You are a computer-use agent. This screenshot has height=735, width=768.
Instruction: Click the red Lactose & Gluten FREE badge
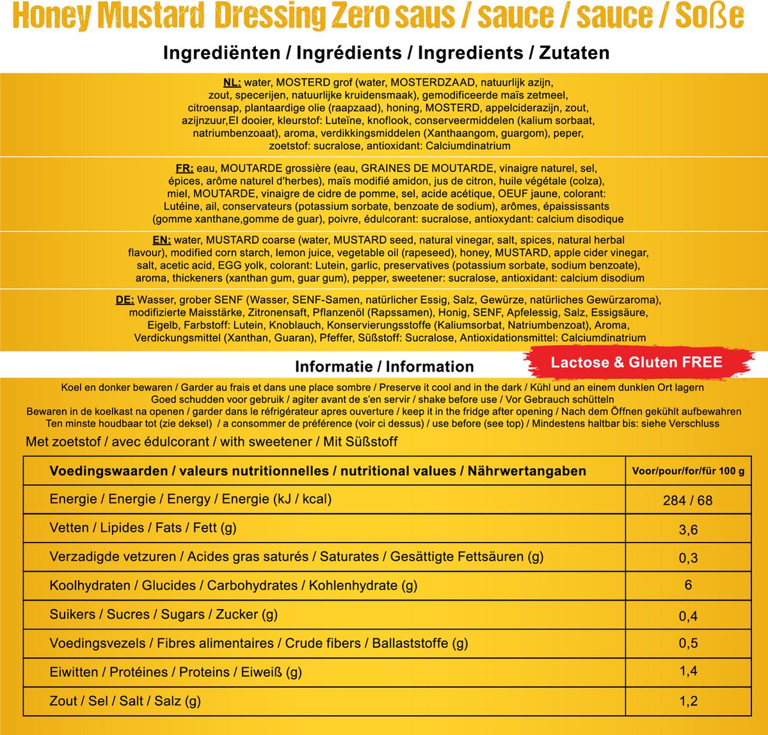(x=636, y=363)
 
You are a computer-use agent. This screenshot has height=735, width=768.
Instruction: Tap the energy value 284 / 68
(x=687, y=500)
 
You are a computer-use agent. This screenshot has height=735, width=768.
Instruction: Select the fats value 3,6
(x=688, y=530)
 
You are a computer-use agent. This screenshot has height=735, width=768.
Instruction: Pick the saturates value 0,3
(x=688, y=558)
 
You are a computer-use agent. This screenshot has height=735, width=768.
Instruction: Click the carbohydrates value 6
(x=688, y=585)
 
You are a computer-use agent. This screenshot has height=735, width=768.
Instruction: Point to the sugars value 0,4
(x=688, y=616)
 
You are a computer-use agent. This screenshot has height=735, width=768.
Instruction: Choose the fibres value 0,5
(x=688, y=644)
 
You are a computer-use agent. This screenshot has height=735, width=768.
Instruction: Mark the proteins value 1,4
(x=688, y=671)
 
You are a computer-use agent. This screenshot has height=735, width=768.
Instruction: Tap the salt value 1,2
(x=688, y=701)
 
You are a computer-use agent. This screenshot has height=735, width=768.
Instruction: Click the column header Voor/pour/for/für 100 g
(x=688, y=471)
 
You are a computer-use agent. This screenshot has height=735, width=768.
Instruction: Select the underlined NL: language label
(x=232, y=83)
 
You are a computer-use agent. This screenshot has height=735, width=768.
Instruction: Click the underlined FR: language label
(x=184, y=169)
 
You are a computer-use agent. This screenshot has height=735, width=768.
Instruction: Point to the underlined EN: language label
(x=161, y=241)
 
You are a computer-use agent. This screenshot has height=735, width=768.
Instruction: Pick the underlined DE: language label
(x=125, y=300)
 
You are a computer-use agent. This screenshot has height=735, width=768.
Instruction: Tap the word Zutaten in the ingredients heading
(x=574, y=52)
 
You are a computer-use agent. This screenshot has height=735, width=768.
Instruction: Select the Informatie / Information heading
(x=384, y=367)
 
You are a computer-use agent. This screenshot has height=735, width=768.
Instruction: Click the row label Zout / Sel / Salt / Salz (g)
(x=125, y=701)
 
